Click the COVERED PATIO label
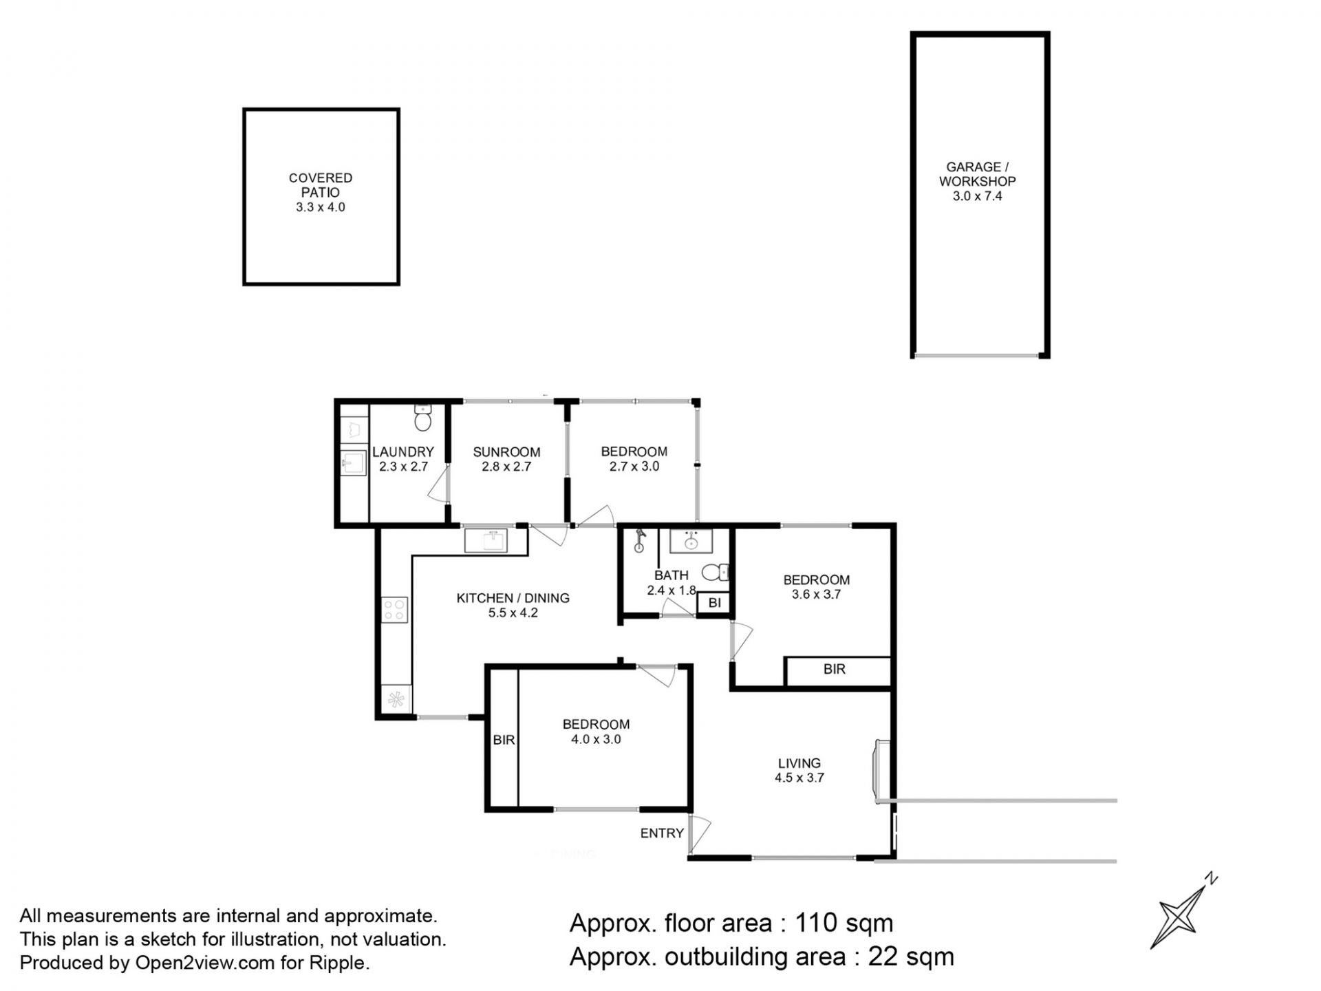[x=321, y=185]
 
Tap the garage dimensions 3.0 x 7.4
[x=977, y=196]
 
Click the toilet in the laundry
[x=423, y=417]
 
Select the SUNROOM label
[x=506, y=452]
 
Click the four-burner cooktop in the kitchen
[x=394, y=609]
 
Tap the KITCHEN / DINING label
[x=513, y=598]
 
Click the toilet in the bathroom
[x=716, y=573]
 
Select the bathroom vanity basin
[x=691, y=541]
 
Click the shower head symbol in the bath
[x=640, y=540]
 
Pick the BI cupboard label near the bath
[x=714, y=603]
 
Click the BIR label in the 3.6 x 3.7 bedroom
[x=835, y=669]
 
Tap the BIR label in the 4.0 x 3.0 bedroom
[x=504, y=740]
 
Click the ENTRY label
[x=662, y=833]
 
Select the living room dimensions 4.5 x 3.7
[x=799, y=778]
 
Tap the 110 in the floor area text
[x=817, y=923]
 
